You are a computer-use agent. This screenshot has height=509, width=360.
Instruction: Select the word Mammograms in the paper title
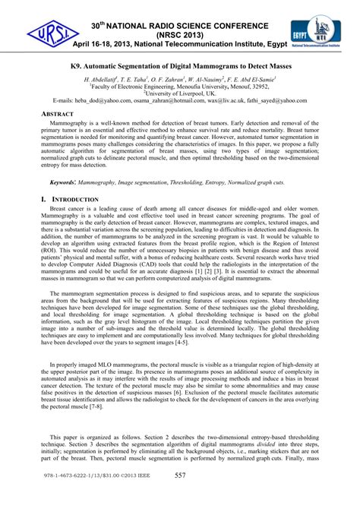232,67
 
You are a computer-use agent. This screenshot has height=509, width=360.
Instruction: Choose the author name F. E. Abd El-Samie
250,79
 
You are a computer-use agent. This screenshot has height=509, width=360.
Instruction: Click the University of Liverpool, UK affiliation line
180,93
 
